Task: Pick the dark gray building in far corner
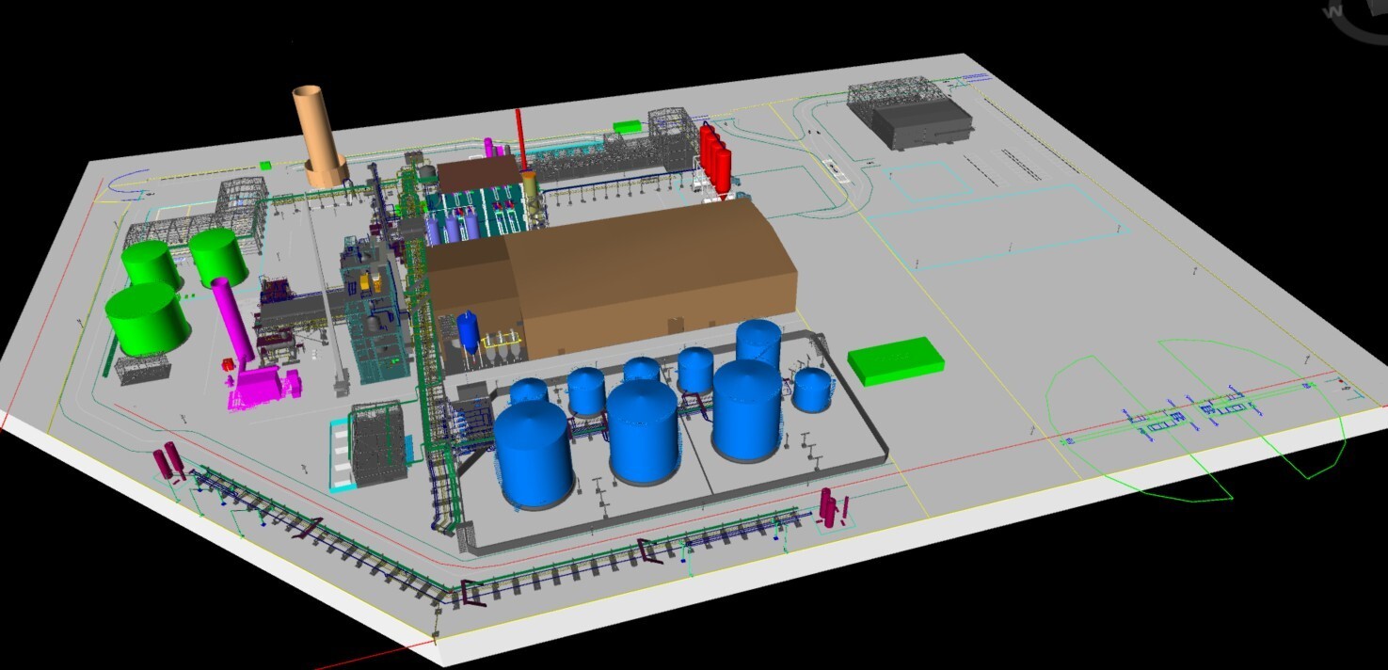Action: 920,122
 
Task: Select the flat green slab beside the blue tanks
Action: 895,360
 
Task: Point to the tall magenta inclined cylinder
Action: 232,321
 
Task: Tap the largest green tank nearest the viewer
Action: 148,318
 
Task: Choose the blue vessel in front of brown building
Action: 468,331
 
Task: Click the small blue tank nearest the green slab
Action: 811,389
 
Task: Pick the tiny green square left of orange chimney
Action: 266,166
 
